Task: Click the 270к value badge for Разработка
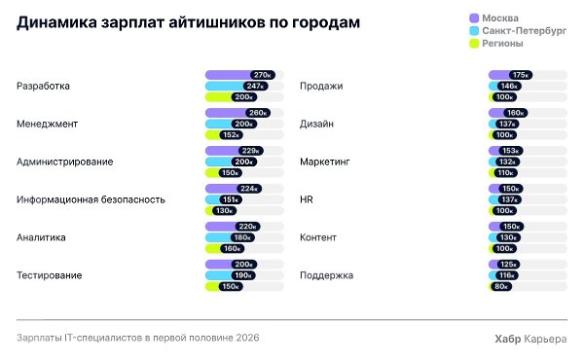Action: point(263,75)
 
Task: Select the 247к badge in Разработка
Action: point(255,86)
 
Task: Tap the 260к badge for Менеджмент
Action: point(258,113)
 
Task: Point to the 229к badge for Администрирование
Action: point(251,151)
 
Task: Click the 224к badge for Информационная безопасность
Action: point(249,189)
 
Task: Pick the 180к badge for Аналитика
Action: point(242,237)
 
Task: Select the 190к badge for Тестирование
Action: point(243,275)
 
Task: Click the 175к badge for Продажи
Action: point(521,75)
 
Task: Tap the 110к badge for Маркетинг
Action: point(505,173)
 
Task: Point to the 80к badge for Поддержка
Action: point(501,287)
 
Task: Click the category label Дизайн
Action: point(316,124)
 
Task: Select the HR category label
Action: point(307,199)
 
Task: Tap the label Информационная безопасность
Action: point(91,199)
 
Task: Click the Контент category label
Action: point(318,237)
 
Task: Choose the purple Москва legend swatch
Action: point(474,18)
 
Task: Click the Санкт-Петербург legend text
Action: point(524,31)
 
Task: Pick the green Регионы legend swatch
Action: point(474,44)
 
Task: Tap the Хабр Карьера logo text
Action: point(530,339)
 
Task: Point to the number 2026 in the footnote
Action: point(247,338)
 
